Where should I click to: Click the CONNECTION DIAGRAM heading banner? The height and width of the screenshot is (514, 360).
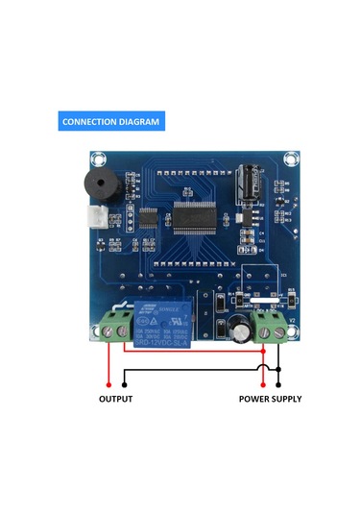pyautogui.click(x=110, y=122)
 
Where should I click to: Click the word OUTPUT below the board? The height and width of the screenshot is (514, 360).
pyautogui.click(x=116, y=399)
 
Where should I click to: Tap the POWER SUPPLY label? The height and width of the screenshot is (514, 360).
pyautogui.click(x=270, y=399)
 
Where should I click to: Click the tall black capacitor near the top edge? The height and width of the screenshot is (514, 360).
pyautogui.click(x=249, y=183)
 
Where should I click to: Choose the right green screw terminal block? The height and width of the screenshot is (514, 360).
pyautogui.click(x=269, y=327)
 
